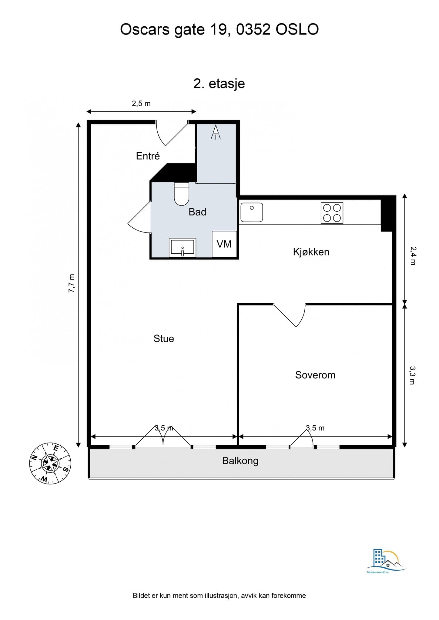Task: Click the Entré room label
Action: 148,156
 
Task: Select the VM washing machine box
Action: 224,244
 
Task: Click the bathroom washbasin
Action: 182,247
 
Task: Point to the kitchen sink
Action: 252,212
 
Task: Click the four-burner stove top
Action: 332,213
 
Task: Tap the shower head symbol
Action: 216,132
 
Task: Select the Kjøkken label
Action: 311,252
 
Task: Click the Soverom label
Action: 315,375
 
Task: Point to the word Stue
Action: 164,338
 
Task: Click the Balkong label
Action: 240,461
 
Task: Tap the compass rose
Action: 50,463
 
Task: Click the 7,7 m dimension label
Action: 72,283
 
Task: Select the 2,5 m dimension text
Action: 141,104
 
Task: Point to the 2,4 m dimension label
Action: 413,256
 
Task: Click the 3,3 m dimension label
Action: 412,375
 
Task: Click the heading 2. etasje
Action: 219,84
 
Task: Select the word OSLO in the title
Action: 297,30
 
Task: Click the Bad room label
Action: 197,212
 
